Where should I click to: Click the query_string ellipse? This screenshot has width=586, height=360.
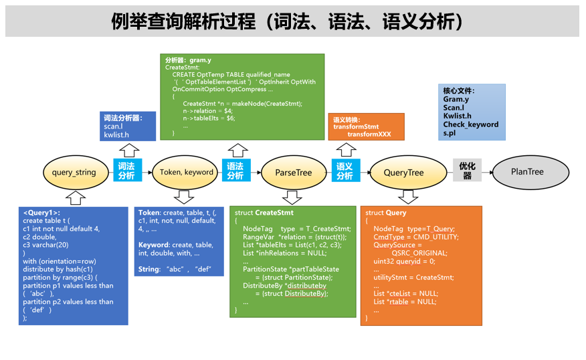pos(74,172)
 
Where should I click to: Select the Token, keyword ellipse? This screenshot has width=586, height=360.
pos(186,172)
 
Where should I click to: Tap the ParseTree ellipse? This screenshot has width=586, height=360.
pos(293,172)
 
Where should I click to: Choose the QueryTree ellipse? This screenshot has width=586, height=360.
pos(403,172)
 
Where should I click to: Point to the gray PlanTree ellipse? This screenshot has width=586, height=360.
pos(527,171)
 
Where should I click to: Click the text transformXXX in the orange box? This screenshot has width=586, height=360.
pos(368,134)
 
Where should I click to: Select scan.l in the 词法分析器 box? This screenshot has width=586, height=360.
pos(113,126)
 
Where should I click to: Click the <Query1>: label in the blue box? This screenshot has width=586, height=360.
pos(41,212)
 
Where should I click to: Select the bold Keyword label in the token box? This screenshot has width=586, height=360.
pos(154,245)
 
